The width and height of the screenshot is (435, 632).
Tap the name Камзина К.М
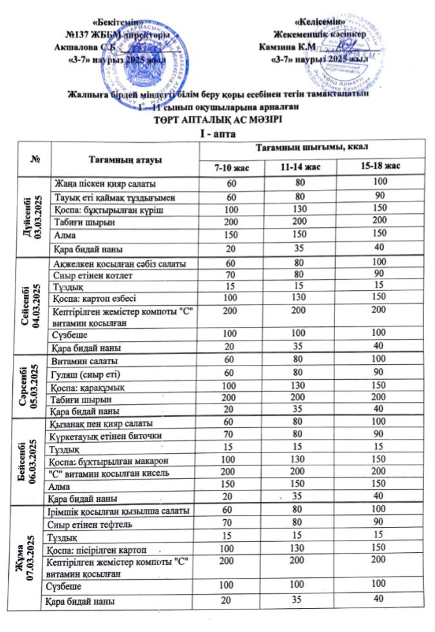pos(285,46)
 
